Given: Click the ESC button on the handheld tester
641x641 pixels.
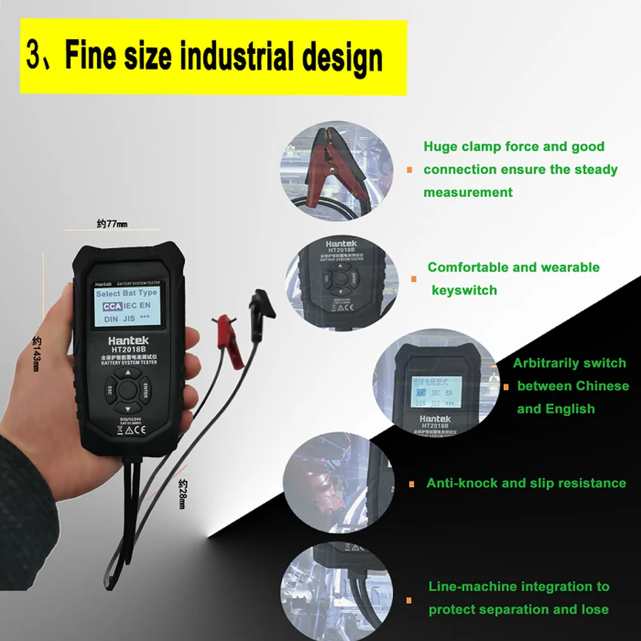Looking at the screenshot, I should click(x=110, y=389).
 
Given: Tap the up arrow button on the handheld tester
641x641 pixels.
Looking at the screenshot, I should click(x=128, y=372).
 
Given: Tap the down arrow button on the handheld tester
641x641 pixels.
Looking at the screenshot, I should click(x=128, y=408).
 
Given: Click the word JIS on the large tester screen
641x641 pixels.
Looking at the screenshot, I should click(x=128, y=318).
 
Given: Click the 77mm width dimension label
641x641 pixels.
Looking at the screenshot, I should click(x=112, y=224).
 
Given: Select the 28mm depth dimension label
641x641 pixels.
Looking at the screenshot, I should click(x=182, y=494).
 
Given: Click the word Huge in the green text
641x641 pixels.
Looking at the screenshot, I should click(x=441, y=147).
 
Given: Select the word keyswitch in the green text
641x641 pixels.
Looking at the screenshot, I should click(x=464, y=290).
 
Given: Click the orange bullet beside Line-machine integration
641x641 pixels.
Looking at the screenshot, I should click(x=409, y=599).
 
